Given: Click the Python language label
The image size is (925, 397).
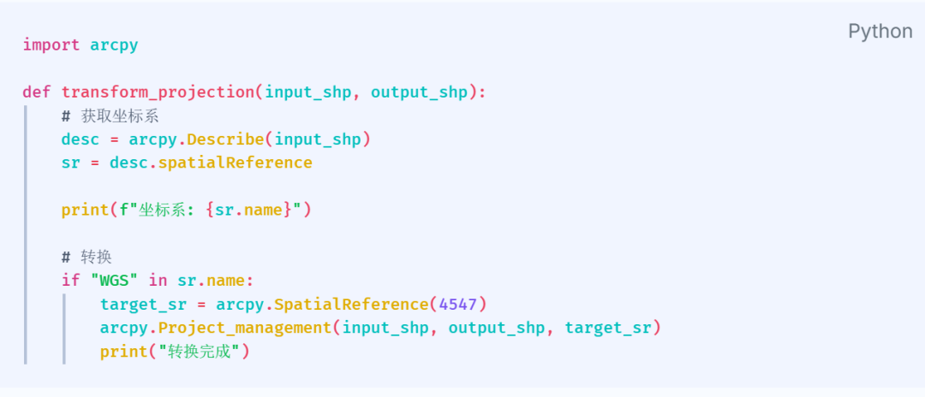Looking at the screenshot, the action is (880, 32).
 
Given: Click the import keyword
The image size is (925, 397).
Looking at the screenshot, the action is (51, 44).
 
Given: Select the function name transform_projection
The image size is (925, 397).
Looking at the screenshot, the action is (158, 92).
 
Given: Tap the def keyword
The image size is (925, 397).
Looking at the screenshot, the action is (37, 92).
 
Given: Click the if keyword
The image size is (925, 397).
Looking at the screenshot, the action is (70, 280).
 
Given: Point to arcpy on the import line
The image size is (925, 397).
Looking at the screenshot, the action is (114, 44).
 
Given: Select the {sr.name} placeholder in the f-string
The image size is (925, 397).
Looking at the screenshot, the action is (250, 210).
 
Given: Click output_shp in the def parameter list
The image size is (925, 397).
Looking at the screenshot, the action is (419, 92).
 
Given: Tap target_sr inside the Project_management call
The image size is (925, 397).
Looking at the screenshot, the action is (608, 327).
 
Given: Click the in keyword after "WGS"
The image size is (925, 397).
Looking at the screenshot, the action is (158, 280).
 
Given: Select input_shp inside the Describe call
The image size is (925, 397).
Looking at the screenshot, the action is (318, 139).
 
